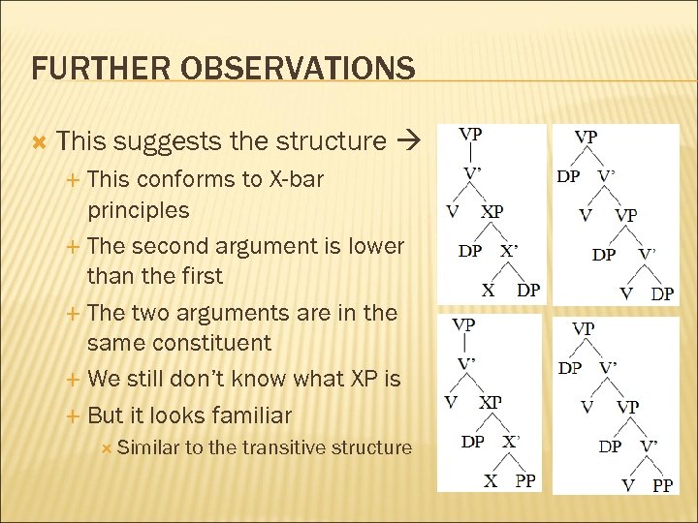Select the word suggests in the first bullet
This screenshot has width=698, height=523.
tap(169, 141)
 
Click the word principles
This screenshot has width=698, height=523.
tap(138, 209)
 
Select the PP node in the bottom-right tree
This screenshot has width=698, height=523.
tap(662, 485)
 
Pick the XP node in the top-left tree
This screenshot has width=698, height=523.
tap(492, 211)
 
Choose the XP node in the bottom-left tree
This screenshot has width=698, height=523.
tap(491, 402)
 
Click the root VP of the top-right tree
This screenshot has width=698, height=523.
tap(586, 137)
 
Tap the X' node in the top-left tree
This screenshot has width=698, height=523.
tap(509, 250)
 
